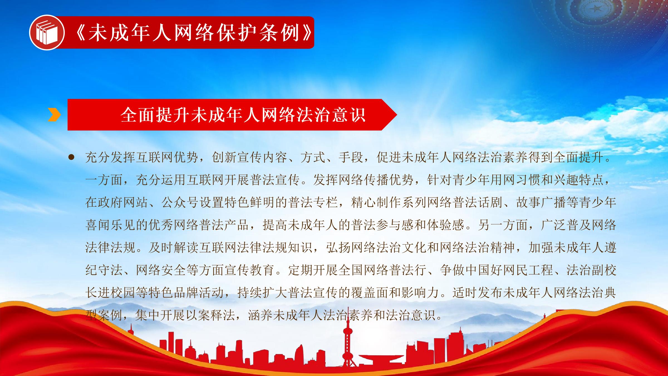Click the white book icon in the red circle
coord(47,33)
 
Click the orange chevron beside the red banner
coord(54,114)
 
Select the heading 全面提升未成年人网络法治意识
coord(243,114)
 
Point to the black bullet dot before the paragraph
coord(72,157)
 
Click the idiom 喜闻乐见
coord(110,225)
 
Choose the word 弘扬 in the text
coord(339,247)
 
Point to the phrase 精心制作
coord(377,202)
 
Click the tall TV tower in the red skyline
coord(347,343)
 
